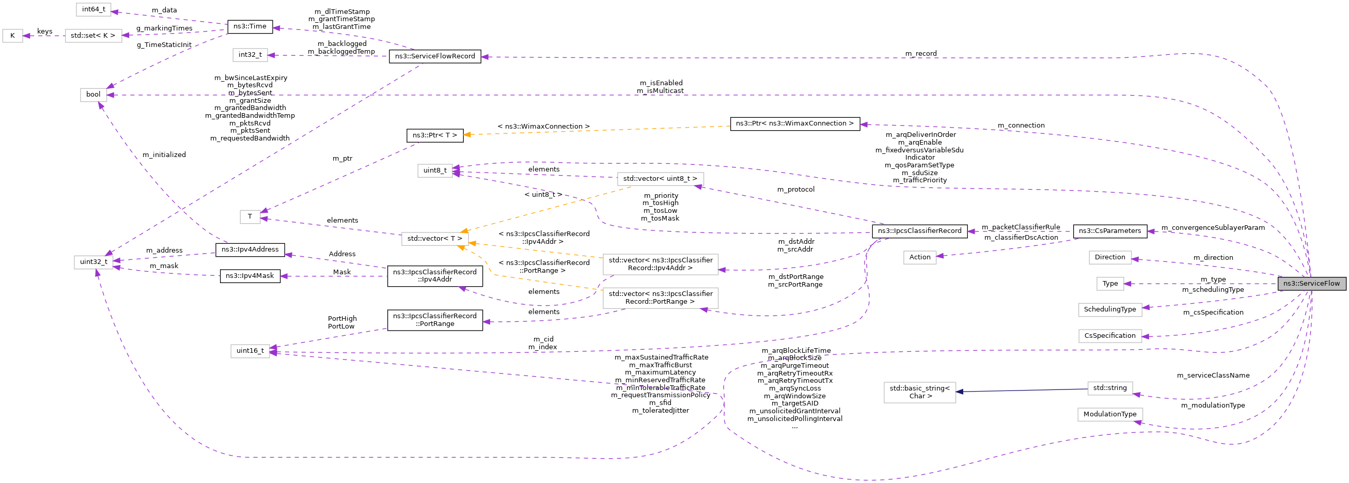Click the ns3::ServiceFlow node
[1311, 284]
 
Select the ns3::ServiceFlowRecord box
[435, 56]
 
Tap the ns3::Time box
[250, 26]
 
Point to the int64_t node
[93, 9]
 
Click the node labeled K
[12, 36]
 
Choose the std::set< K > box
[93, 36]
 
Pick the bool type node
[93, 95]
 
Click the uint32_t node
[93, 261]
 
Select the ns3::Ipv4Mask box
[250, 275]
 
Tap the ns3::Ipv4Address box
[250, 250]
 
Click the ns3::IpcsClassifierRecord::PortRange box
[435, 320]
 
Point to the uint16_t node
[250, 350]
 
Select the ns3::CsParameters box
[1110, 230]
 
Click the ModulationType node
[1110, 414]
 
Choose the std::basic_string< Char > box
[920, 392]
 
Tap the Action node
[920, 257]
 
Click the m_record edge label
[921, 53]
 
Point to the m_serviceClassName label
[1213, 375]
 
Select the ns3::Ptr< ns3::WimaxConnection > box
[794, 123]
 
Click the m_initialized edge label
[164, 154]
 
